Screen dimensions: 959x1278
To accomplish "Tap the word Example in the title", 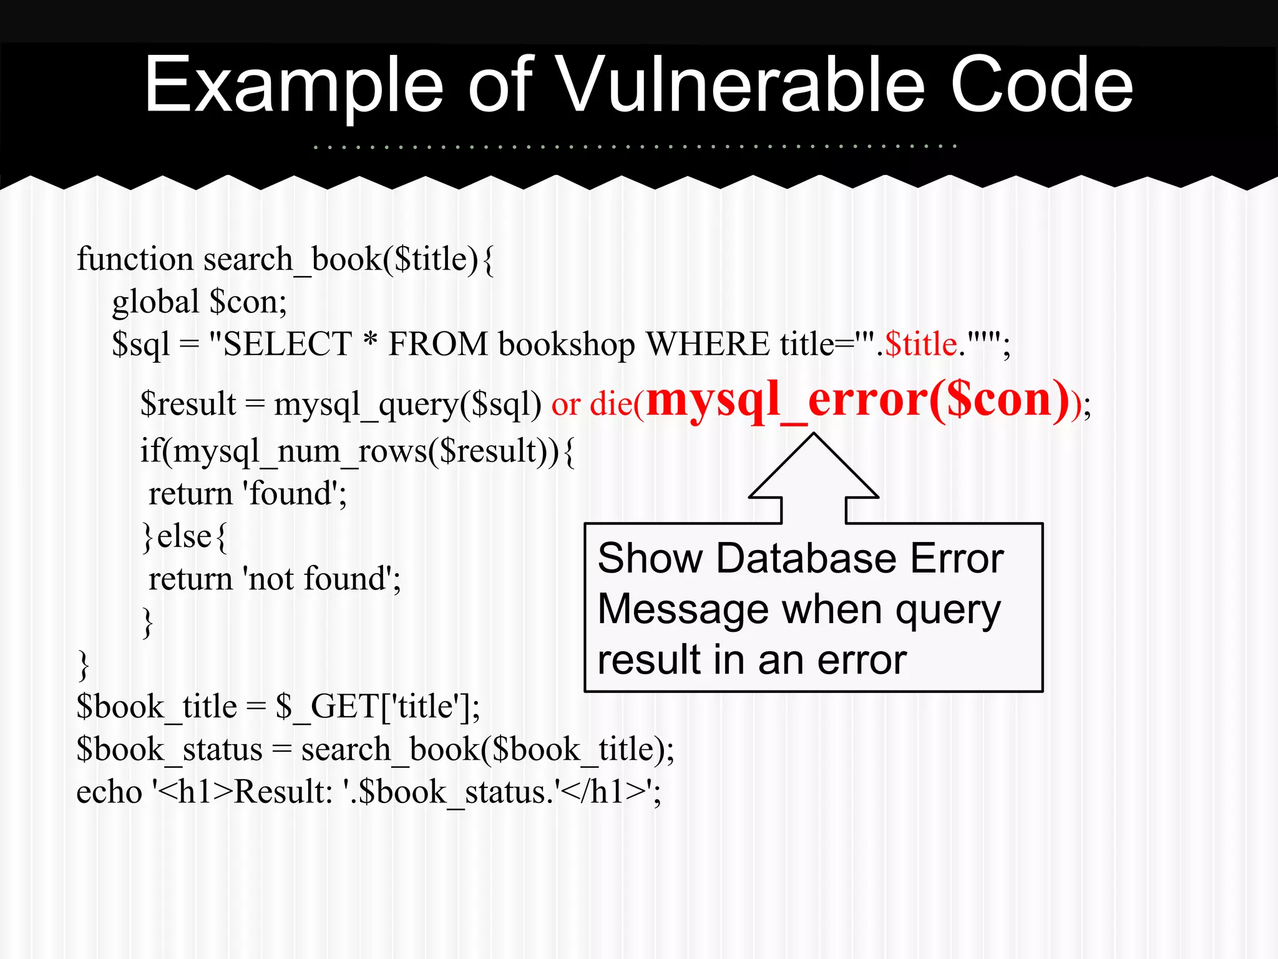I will tap(293, 86).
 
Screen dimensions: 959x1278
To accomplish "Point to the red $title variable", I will tap(921, 344).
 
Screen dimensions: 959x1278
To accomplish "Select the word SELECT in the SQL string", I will tap(288, 344).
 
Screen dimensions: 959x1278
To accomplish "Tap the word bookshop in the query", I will tap(567, 345).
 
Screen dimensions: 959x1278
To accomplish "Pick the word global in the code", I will tap(155, 302).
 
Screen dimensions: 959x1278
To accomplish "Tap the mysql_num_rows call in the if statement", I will tap(300, 451).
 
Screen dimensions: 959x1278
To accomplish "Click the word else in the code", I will tap(185, 536).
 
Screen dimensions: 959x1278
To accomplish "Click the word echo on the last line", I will tap(109, 792).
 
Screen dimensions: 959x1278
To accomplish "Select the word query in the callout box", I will tap(948, 611).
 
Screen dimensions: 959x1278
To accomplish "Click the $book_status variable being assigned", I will tap(169, 749).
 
